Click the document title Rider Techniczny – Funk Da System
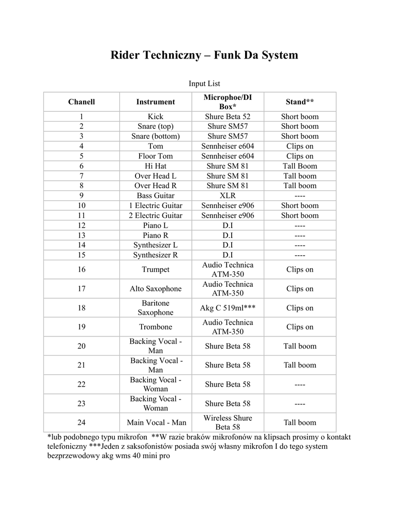[x=204, y=55]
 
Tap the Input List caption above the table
[x=204, y=83]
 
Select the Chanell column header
[x=82, y=102]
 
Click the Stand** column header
[x=299, y=102]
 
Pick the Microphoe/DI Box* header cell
[x=228, y=101]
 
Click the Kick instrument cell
[x=155, y=116]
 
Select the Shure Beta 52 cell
[x=228, y=116]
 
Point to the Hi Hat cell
[x=155, y=166]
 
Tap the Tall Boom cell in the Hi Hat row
[x=299, y=166]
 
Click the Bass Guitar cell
[x=155, y=196]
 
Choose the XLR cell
[x=228, y=196]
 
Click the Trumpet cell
[x=155, y=270]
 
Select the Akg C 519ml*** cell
[x=228, y=308]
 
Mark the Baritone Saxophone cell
[x=155, y=308]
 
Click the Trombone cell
[x=155, y=327]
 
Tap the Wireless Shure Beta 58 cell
[x=228, y=422]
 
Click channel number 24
[x=82, y=423]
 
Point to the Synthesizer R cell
[x=155, y=255]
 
